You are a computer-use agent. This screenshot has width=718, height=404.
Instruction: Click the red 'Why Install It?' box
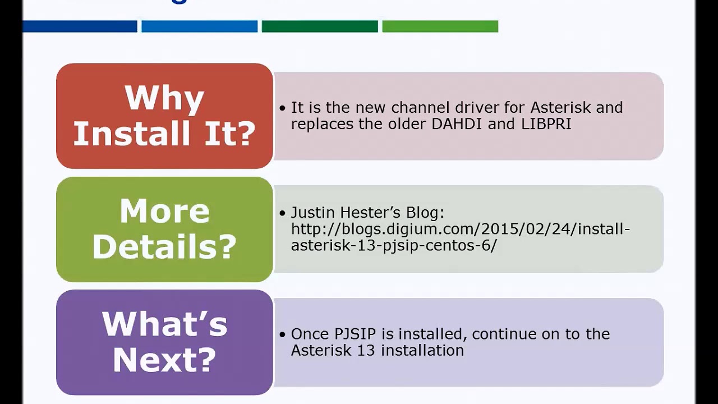164,116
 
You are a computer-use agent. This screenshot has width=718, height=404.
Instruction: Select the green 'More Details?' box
164,229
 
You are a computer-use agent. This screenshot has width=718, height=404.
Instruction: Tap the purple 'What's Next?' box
164,342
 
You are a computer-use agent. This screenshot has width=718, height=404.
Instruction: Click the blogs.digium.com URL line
460,229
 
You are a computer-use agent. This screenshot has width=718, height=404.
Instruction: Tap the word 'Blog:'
425,213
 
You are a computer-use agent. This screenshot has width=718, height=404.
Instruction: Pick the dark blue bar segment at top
80,26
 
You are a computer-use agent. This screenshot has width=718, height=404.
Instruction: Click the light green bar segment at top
440,26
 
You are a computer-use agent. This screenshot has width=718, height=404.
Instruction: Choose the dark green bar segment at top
320,26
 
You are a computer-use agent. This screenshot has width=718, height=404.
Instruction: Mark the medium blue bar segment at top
199,26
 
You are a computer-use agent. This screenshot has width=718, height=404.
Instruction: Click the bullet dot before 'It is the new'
282,108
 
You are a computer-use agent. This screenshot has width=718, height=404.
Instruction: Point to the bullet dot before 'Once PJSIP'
282,334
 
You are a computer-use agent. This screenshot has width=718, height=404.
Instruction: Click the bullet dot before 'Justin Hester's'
282,213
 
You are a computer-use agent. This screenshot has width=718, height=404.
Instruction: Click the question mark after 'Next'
206,360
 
